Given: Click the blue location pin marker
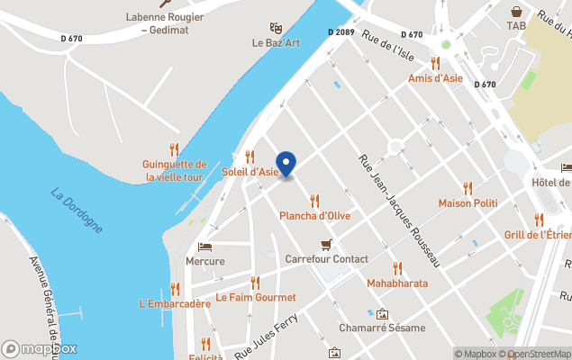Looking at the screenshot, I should (286, 164).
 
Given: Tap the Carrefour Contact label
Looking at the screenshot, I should (326, 259).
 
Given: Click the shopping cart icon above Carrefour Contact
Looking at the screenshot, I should (326, 245).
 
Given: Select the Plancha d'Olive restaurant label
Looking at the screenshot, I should (314, 216).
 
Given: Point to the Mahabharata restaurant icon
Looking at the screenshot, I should (397, 268).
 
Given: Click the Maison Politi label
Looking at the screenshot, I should (468, 203).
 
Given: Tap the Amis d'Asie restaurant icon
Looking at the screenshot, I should (435, 63).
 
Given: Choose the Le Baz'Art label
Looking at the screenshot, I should (276, 43).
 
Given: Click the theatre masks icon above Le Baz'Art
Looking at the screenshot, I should (276, 28).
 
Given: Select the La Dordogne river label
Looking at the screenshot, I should (77, 210).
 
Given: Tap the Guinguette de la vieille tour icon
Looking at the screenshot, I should (175, 149).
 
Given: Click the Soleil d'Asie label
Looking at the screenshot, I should (250, 172).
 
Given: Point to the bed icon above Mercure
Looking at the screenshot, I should (205, 247).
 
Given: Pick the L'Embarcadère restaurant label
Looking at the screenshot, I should (175, 303).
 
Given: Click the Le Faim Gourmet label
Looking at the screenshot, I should (256, 297).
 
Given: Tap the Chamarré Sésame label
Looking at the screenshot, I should (382, 328).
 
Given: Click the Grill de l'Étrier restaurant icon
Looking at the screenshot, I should (539, 220).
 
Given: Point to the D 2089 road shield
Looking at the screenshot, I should (340, 32).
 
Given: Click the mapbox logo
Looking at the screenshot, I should (40, 349).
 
